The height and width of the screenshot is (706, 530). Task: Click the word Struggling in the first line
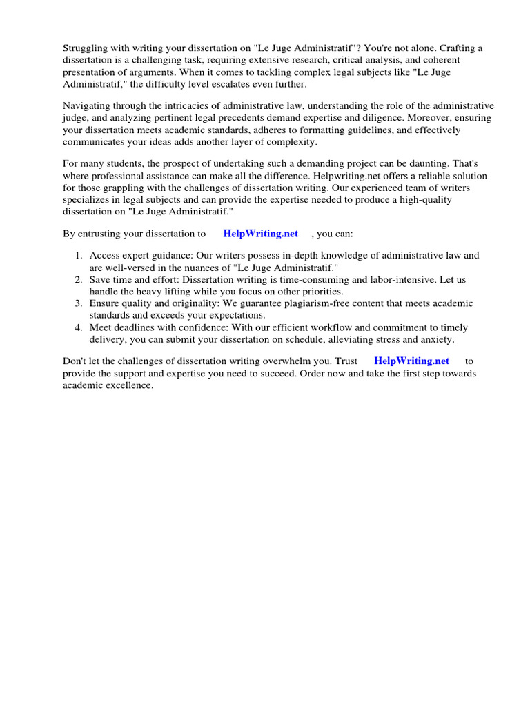coord(85,48)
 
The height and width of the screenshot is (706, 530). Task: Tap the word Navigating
coord(88,106)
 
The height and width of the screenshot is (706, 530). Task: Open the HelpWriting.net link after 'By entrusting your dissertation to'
coord(260,234)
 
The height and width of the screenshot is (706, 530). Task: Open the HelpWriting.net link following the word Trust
coord(411,361)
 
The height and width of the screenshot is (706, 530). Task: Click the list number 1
coord(78,256)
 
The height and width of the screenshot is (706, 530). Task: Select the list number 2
coord(78,280)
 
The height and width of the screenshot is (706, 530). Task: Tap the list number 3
coord(78,304)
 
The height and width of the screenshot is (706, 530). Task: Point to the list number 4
coord(78,328)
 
